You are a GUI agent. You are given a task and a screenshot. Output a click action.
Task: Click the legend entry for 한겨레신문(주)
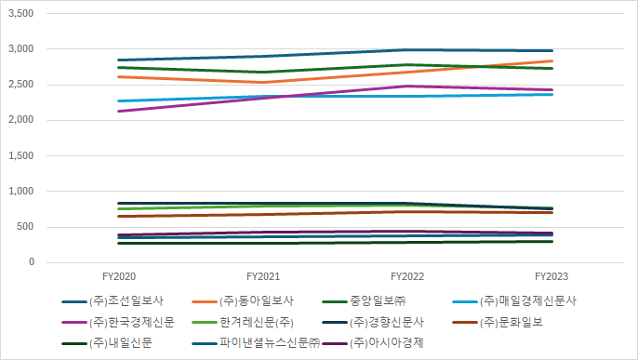pyautogui.click(x=258, y=323)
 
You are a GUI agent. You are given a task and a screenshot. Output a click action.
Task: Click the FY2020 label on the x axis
pyautogui.click(x=118, y=276)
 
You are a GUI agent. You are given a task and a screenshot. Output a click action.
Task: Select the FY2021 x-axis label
pyautogui.click(x=264, y=276)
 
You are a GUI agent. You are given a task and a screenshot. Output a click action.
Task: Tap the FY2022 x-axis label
pyautogui.click(x=408, y=276)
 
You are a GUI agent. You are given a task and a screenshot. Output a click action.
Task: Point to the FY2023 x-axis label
pyautogui.click(x=552, y=276)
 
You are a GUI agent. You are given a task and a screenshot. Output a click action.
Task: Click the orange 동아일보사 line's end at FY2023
pyautogui.click(x=552, y=61)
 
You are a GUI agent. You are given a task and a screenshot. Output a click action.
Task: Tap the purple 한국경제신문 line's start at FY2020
pyautogui.click(x=118, y=112)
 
